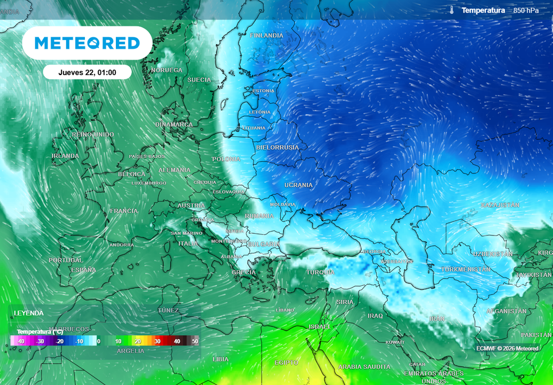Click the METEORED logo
87,43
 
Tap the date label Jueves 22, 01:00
87,72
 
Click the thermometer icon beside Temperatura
452,10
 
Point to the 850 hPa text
526,10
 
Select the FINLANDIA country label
266,36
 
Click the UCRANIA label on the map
299,185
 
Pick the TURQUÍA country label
320,272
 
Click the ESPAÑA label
84,269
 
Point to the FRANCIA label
124,211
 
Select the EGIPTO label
286,363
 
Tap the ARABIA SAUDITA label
364,367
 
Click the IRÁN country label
437,319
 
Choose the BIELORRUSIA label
278,147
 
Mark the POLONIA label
226,159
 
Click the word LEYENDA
29,313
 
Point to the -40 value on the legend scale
20,341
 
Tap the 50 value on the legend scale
195,341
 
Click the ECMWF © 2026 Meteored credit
507,348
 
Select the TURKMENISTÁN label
466,269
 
